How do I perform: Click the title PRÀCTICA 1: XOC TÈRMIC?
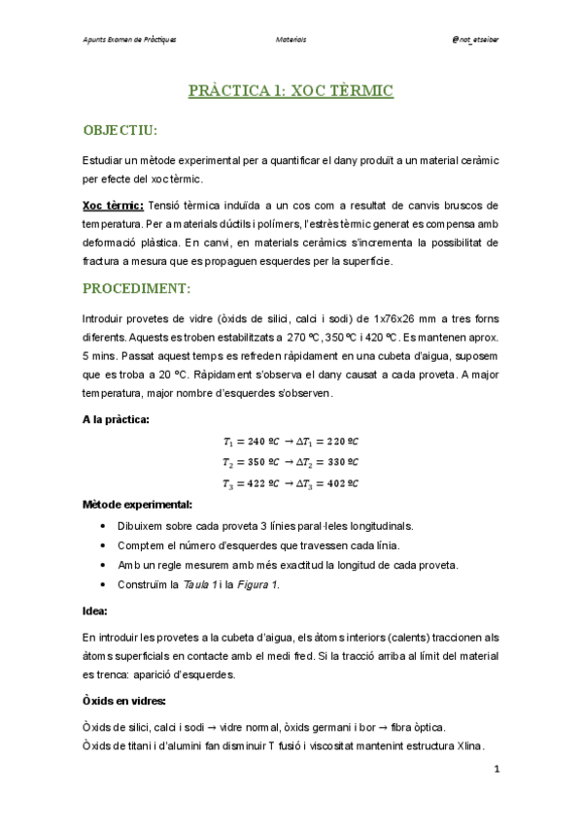(x=291, y=91)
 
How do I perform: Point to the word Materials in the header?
(x=291, y=40)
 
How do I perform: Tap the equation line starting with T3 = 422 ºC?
(x=290, y=483)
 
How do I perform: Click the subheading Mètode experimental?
(x=137, y=505)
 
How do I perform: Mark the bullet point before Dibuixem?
(x=104, y=526)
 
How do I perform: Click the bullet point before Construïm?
(x=104, y=585)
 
